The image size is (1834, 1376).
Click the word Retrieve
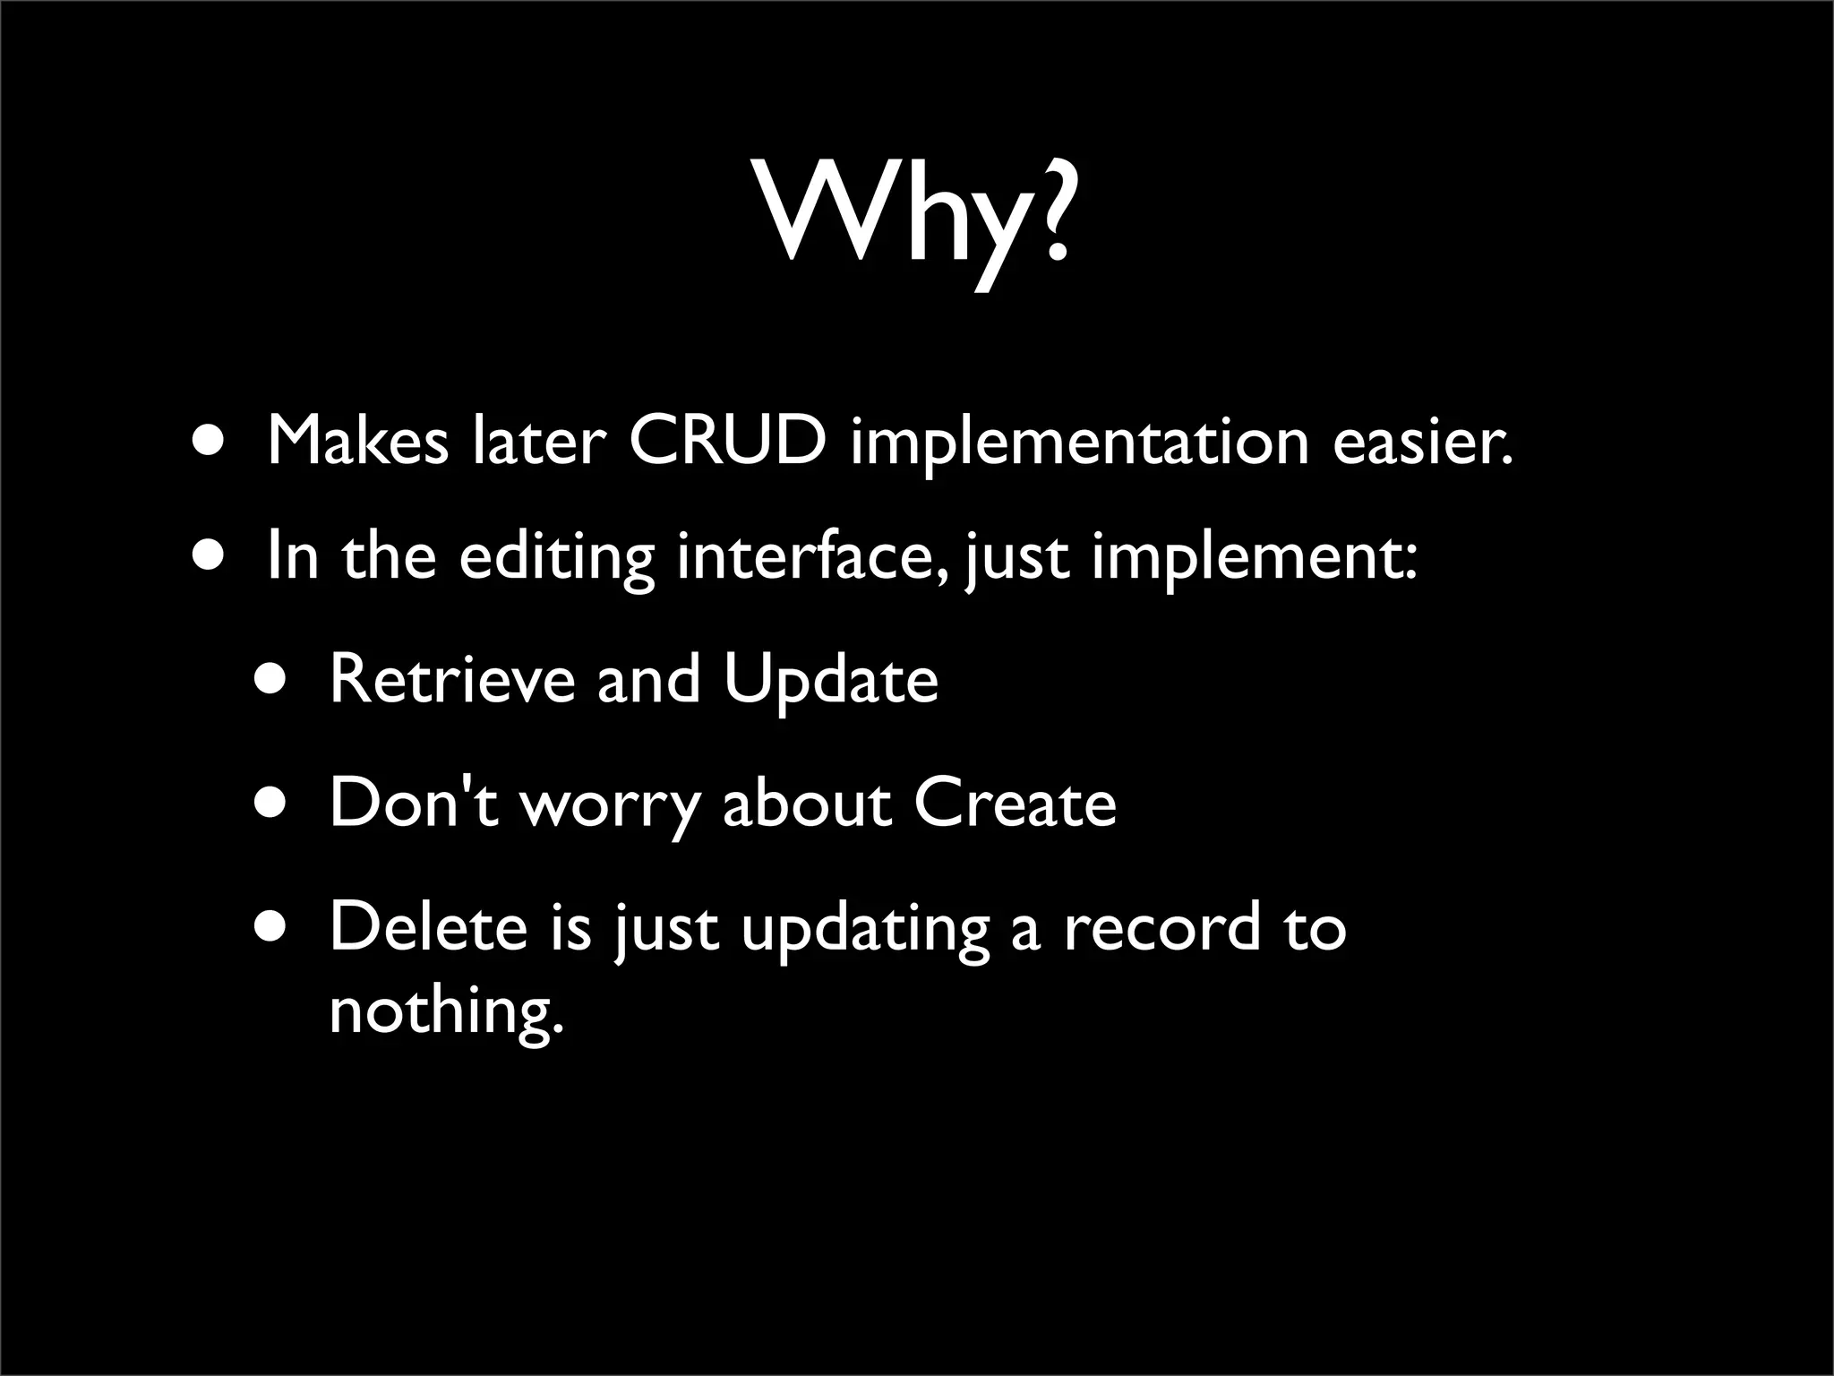coord(452,678)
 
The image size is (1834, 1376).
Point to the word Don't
coord(413,802)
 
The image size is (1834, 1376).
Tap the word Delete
coord(429,926)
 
